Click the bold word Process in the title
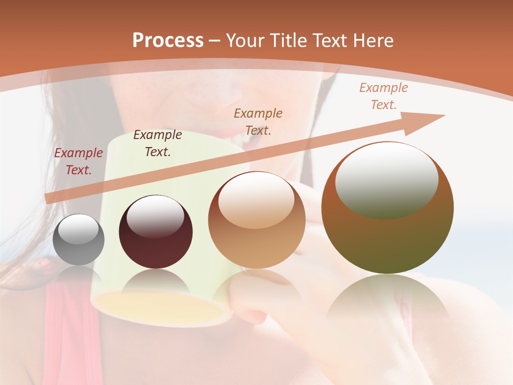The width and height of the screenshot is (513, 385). click(x=168, y=41)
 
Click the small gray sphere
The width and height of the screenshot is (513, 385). click(x=79, y=240)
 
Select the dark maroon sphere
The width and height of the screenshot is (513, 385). click(x=156, y=232)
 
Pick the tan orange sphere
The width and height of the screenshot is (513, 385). click(x=256, y=220)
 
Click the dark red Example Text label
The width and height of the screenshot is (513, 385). click(x=79, y=161)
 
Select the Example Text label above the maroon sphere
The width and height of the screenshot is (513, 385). click(x=157, y=143)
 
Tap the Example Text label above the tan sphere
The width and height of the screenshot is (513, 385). click(x=258, y=122)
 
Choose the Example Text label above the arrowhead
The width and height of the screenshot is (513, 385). click(x=383, y=96)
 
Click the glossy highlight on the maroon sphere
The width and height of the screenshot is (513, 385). click(x=155, y=217)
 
